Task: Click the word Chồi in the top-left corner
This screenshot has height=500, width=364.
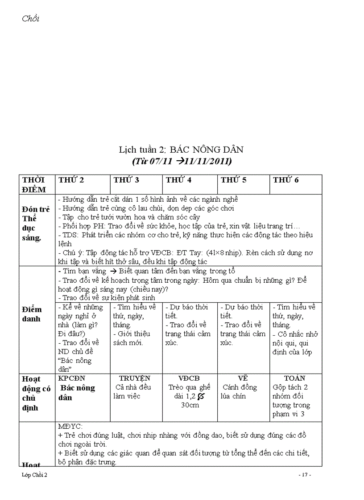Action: point(30,19)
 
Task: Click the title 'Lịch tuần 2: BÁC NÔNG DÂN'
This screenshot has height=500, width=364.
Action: point(181,149)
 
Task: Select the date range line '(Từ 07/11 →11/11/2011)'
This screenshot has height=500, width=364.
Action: point(182,161)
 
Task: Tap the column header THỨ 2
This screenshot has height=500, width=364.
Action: point(71,180)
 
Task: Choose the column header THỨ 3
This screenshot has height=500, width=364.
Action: point(126,180)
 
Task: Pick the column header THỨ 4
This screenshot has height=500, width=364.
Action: point(178,180)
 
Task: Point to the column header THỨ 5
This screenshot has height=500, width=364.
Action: point(233,180)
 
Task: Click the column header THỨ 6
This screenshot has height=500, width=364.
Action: point(286,180)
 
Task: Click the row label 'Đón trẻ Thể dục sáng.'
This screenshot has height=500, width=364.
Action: point(36,223)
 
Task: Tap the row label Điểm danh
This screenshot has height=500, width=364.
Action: point(32,314)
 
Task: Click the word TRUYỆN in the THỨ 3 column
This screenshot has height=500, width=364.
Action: point(135,378)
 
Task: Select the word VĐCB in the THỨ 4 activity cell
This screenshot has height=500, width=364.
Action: point(189,378)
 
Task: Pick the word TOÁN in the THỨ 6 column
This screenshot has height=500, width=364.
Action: point(294,378)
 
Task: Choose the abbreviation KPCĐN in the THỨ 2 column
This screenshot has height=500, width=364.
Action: point(71,378)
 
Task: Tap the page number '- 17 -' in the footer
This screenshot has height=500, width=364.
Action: point(304,475)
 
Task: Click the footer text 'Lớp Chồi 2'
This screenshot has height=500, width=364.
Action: point(34,475)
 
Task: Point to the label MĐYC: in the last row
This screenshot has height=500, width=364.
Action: point(70,427)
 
